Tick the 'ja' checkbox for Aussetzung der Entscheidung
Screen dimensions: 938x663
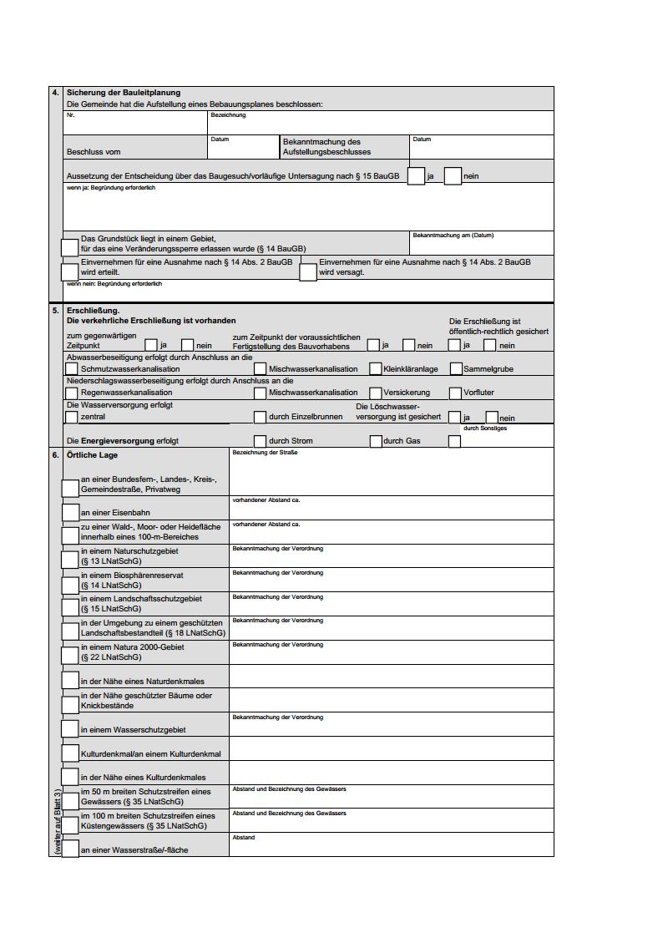(x=416, y=176)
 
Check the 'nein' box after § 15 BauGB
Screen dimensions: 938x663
(x=453, y=176)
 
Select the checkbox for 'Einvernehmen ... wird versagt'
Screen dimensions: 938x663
(x=308, y=271)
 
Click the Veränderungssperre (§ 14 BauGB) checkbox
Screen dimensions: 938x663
(x=70, y=247)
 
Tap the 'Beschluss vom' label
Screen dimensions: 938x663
(x=94, y=152)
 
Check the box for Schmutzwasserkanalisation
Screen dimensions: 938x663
(x=72, y=368)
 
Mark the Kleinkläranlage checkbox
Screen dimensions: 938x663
(x=376, y=368)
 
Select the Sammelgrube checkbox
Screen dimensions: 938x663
(x=456, y=368)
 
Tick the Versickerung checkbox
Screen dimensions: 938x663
(x=376, y=393)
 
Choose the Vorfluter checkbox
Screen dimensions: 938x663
(x=456, y=393)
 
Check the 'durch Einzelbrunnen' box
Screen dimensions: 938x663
(x=261, y=417)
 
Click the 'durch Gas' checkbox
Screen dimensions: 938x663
(x=376, y=441)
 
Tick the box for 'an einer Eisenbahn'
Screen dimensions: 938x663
(x=71, y=511)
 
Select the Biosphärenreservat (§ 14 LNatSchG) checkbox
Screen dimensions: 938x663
(x=71, y=581)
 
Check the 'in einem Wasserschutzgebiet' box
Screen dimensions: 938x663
(x=71, y=729)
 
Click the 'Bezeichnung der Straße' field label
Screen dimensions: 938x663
(x=265, y=452)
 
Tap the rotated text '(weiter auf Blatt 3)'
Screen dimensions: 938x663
(x=57, y=822)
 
